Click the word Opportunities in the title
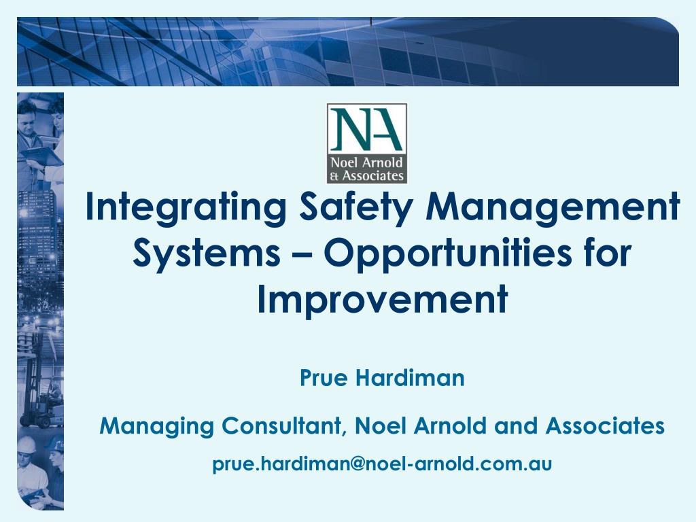(x=440, y=254)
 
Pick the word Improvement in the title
(x=382, y=299)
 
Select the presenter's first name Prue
(x=323, y=378)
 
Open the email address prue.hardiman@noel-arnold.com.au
(x=382, y=464)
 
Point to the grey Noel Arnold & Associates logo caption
(x=367, y=169)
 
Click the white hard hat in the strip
(x=27, y=445)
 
